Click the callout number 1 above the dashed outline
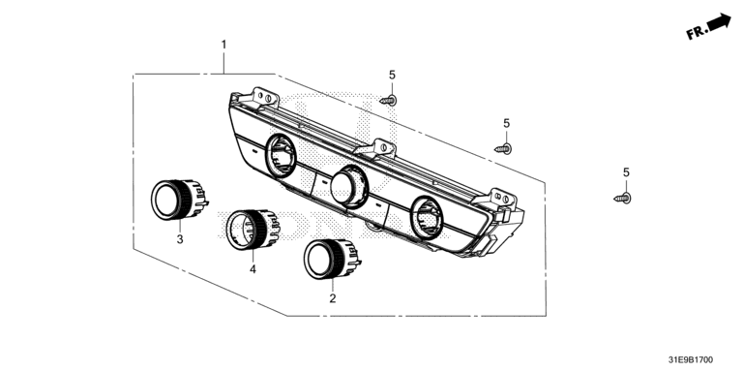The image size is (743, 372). (223, 46)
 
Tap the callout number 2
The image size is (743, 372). (333, 298)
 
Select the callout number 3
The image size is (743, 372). (180, 239)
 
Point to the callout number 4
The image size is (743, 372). (253, 269)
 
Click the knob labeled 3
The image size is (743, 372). (179, 200)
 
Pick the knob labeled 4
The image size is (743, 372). (253, 230)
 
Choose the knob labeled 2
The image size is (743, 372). (332, 259)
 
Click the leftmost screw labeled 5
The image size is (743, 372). (389, 100)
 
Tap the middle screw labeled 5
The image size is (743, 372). (503, 149)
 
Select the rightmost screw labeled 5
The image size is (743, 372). (623, 198)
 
